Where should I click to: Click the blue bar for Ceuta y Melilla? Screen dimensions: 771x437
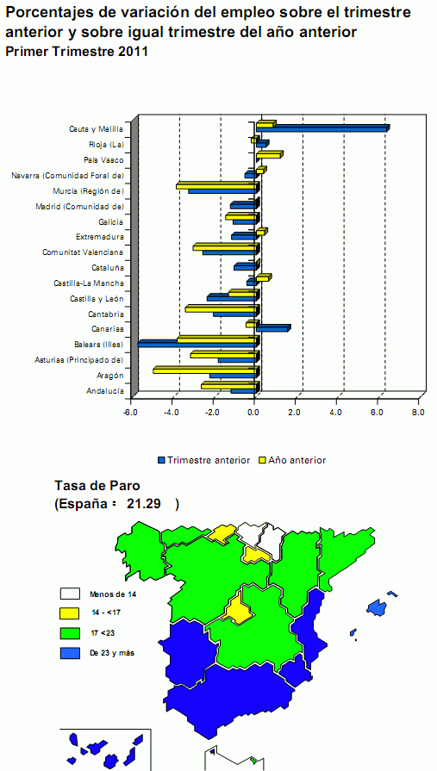tap(322, 128)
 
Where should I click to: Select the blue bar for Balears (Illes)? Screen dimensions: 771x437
tap(197, 344)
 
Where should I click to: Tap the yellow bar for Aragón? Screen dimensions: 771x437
tap(204, 370)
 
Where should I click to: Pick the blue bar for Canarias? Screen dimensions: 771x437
tap(272, 328)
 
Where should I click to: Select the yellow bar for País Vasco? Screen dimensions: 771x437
tap(268, 155)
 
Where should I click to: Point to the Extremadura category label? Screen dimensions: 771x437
tap(100, 237)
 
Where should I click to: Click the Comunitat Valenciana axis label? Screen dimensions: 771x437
tap(83, 252)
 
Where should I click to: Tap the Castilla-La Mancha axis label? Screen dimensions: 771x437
tap(88, 283)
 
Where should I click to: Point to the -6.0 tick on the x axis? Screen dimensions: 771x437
tap(130, 412)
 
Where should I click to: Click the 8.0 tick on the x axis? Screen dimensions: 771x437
tap(417, 412)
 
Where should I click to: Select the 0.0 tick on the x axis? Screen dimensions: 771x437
tap(253, 412)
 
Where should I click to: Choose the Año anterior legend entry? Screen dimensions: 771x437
tap(291, 460)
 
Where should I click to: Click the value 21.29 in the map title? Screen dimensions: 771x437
tap(145, 504)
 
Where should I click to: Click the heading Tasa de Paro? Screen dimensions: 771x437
tap(97, 486)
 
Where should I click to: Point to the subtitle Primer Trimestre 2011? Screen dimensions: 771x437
tap(77, 52)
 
